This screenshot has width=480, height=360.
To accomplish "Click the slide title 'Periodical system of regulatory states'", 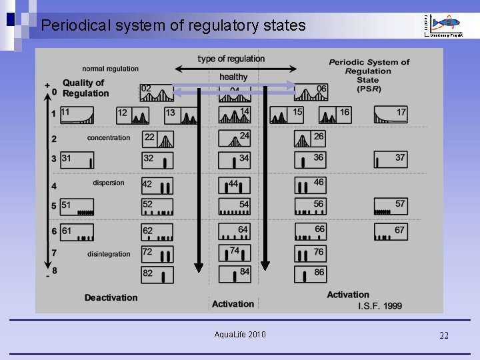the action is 173,26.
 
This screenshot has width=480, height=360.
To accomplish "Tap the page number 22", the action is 444,335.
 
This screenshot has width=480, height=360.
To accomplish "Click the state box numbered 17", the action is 390,114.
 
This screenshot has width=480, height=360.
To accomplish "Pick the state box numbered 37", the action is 390,160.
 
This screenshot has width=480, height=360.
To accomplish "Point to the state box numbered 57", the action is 390,206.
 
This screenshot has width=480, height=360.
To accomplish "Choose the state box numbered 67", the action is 390,231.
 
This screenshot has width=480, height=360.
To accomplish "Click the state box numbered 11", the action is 77,114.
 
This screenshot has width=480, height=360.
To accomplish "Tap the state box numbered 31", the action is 77,160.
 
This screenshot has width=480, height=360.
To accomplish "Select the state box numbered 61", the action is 77,232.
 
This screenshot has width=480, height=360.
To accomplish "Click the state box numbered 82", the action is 157,274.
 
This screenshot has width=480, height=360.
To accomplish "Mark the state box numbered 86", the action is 311,274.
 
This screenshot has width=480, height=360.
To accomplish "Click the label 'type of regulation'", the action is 231,59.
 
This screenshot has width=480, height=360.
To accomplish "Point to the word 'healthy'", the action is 233,77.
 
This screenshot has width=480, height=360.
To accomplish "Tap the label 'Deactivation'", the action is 111,297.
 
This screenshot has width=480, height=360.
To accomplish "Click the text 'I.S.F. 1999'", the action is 379,305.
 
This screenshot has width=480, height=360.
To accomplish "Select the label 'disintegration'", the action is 109,253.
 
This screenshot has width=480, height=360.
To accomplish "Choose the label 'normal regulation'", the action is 111,68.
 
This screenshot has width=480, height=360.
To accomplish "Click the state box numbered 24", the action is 234,139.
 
